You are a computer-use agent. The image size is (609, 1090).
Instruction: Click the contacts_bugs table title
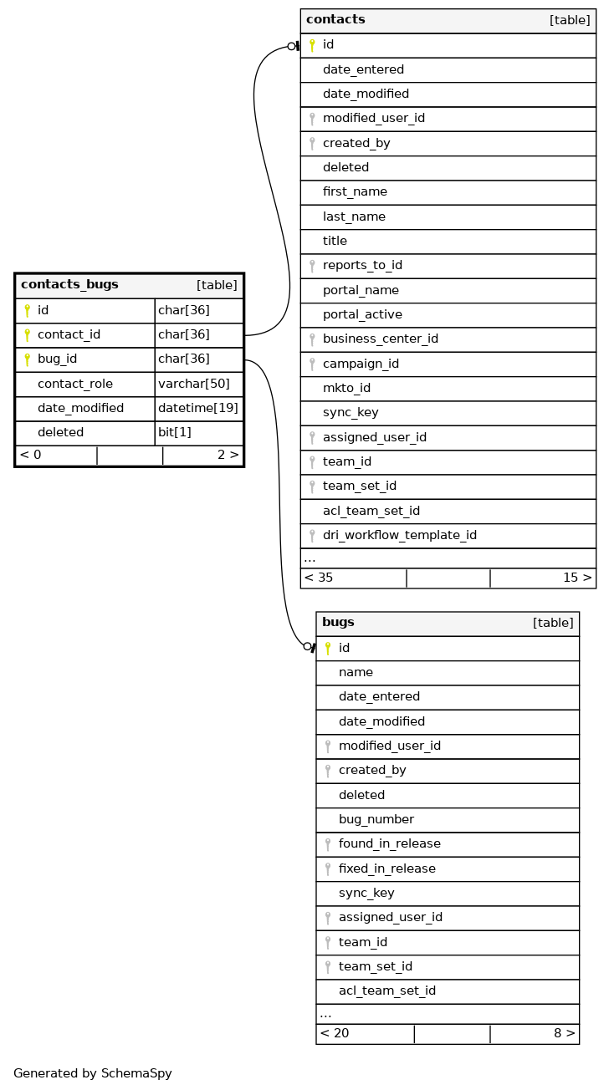(69, 285)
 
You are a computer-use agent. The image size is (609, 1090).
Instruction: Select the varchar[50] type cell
(194, 385)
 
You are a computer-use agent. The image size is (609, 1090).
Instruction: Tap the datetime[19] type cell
(198, 409)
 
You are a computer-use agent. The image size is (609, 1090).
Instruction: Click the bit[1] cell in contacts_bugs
(175, 433)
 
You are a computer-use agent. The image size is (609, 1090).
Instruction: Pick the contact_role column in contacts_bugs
(75, 385)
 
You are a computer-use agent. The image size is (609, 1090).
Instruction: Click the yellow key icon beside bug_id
(27, 359)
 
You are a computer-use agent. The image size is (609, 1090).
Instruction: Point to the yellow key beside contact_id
(27, 335)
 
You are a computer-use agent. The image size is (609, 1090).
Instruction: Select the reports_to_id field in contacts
(362, 266)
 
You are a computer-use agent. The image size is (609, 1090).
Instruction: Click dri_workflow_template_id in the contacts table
(399, 536)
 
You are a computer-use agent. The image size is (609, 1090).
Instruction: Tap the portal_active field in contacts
(362, 315)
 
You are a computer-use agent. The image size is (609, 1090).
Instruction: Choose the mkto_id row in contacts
(346, 389)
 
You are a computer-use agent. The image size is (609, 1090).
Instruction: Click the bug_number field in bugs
(376, 820)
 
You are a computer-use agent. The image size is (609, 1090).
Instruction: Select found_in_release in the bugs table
(389, 844)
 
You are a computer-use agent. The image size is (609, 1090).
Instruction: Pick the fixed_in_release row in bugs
(386, 869)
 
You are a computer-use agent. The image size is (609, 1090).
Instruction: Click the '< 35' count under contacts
(319, 578)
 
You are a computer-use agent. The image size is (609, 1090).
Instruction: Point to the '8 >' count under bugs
(565, 1034)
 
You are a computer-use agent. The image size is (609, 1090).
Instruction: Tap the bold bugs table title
(338, 623)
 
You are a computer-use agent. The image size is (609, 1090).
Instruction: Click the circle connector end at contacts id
(291, 46)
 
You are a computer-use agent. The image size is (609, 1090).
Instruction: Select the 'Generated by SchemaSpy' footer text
(93, 1074)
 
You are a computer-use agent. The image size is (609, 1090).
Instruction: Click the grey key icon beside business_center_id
(312, 340)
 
